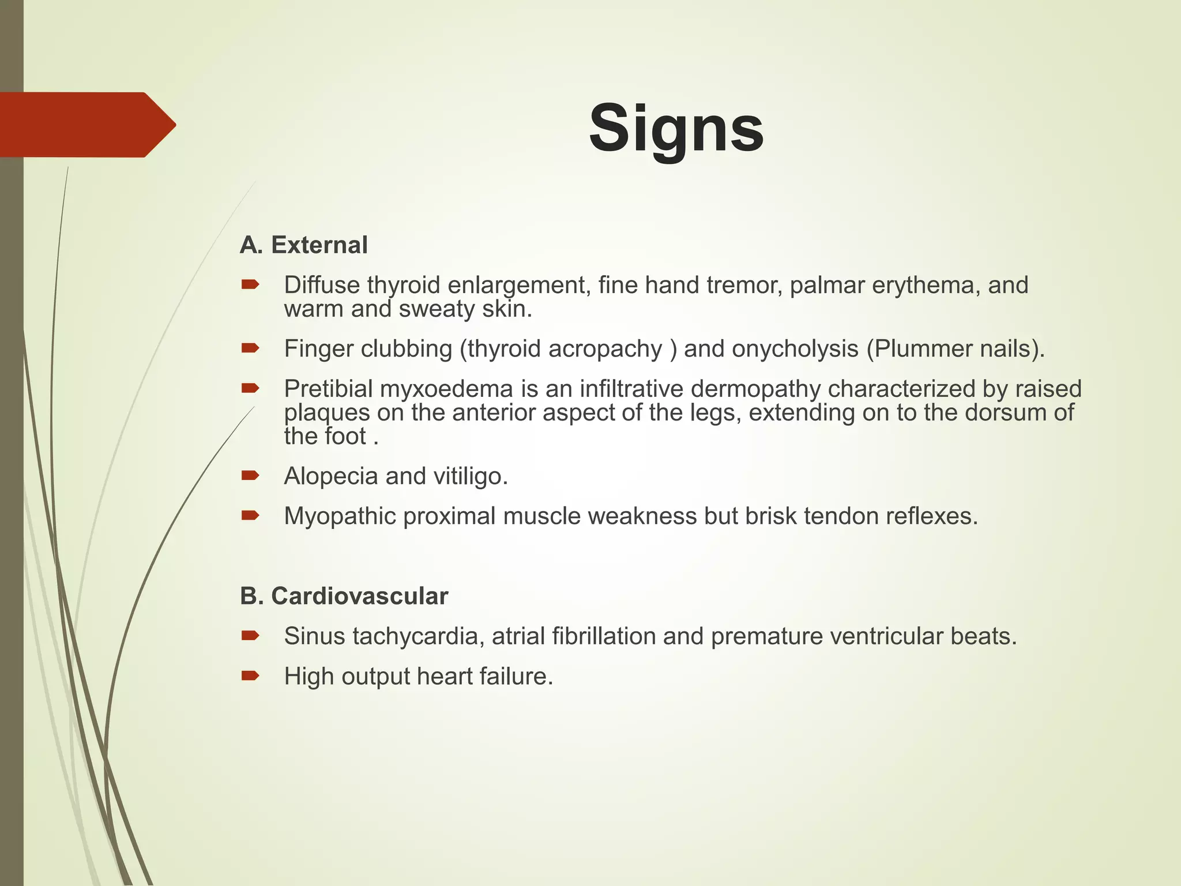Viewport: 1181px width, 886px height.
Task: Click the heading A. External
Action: pyautogui.click(x=304, y=245)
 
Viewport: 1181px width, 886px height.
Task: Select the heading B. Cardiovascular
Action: pyautogui.click(x=344, y=596)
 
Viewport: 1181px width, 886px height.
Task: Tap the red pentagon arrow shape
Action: pyautogui.click(x=86, y=125)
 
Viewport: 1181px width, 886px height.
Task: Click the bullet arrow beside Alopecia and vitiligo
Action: pyautogui.click(x=250, y=476)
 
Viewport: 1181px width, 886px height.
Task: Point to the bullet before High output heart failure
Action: pyautogui.click(x=250, y=676)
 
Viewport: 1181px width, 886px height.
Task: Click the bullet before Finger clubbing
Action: pyautogui.click(x=250, y=348)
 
